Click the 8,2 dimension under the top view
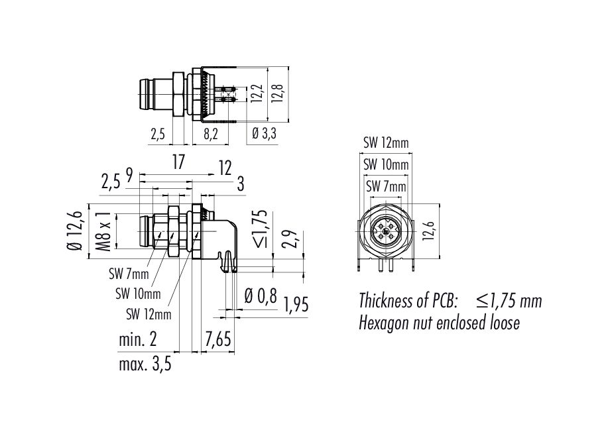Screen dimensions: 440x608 [x=210, y=135]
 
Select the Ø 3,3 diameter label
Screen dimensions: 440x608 [x=265, y=135]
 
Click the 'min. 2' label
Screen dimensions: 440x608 [x=138, y=340]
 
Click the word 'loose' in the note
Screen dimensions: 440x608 [x=503, y=323]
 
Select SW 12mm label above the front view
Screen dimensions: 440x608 [x=386, y=142]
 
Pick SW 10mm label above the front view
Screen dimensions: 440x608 [x=386, y=164]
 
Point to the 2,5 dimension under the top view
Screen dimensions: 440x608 [x=158, y=135]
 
